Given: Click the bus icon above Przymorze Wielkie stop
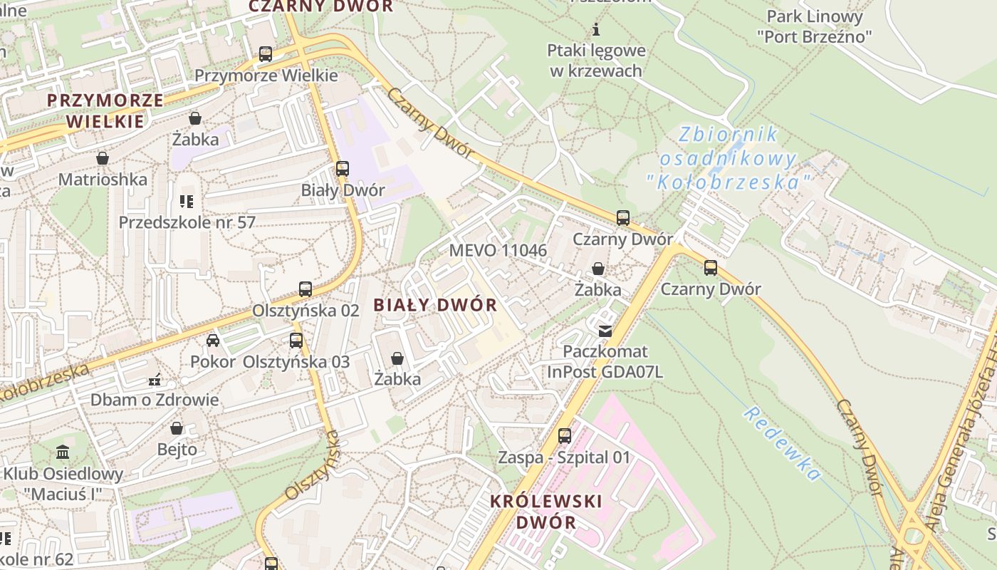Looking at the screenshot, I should click(x=266, y=53).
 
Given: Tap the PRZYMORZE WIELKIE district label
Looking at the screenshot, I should click(x=105, y=110).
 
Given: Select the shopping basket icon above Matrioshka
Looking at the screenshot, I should click(x=103, y=157).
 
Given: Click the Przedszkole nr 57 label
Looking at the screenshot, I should click(x=187, y=222).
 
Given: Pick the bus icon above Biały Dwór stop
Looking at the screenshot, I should click(x=343, y=169).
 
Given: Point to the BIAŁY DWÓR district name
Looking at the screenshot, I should click(x=435, y=305).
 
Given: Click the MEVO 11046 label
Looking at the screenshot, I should click(x=498, y=250).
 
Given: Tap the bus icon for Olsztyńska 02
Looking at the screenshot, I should click(x=306, y=289).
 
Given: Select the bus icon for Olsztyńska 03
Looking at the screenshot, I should click(x=296, y=341).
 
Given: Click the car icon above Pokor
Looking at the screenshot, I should click(x=213, y=340).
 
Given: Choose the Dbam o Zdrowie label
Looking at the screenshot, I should click(x=154, y=400).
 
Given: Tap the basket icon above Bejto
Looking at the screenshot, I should click(x=177, y=428).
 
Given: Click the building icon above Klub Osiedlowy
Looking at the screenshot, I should click(x=63, y=452).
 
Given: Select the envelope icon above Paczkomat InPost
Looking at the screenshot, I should click(x=605, y=331).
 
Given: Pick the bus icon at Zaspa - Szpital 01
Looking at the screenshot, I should click(x=565, y=435).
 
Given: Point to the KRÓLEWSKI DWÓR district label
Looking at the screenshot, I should click(x=546, y=511).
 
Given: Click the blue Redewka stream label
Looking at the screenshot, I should click(x=782, y=443).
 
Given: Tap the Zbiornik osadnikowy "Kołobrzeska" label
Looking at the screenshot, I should click(x=729, y=158).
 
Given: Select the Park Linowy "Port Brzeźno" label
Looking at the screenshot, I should click(x=814, y=26).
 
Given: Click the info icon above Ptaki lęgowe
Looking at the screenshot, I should click(x=597, y=30).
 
